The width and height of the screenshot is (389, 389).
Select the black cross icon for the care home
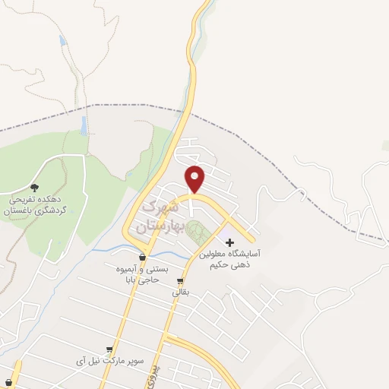tap(231, 242)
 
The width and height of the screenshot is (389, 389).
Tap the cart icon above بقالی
tap(179, 280)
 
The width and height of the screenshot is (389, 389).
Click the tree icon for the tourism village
tap(33, 186)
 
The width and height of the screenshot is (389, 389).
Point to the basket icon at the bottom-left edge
tap(8, 381)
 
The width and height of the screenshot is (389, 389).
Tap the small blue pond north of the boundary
tap(62, 40)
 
